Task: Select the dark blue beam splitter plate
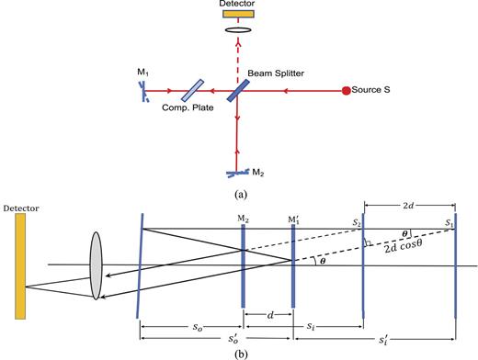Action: click(x=237, y=90)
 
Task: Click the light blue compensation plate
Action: click(x=194, y=90)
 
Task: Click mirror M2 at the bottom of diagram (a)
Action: click(x=237, y=171)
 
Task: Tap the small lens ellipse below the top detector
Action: click(x=238, y=43)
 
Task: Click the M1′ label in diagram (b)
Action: click(x=293, y=220)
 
